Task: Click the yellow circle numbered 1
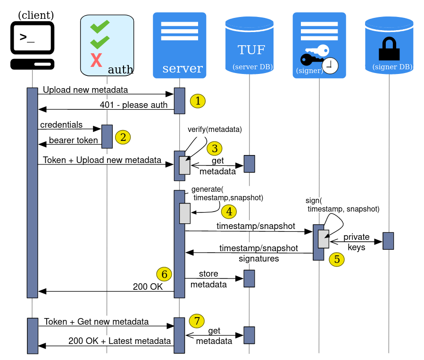click(198, 101)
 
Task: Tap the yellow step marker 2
click(123, 138)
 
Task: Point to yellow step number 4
click(229, 212)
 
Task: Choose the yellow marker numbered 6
click(164, 274)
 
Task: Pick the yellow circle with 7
click(197, 321)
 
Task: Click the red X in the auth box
click(96, 61)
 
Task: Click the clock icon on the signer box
click(330, 65)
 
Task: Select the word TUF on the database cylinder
click(251, 50)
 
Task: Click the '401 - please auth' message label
click(133, 105)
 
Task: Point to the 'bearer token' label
click(73, 140)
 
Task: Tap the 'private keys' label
click(357, 242)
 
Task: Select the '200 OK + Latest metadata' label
click(119, 341)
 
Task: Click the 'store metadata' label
click(208, 279)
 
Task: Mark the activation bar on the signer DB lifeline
click(388, 241)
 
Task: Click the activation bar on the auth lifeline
click(107, 136)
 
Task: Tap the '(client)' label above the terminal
click(36, 16)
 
